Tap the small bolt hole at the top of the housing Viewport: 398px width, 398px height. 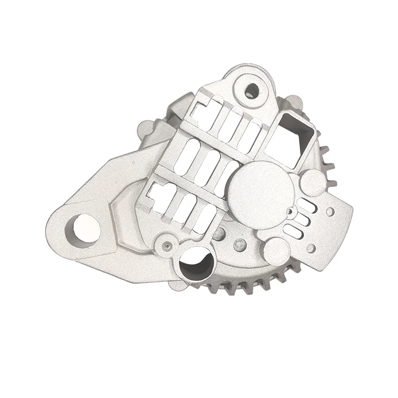tap(252, 91)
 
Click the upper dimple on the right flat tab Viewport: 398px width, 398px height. tap(330, 212)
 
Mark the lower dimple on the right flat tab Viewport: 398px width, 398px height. tap(312, 248)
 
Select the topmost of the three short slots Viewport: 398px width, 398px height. tap(307, 205)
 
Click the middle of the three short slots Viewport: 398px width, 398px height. tap(301, 218)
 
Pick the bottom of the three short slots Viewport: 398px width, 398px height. tap(294, 230)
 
